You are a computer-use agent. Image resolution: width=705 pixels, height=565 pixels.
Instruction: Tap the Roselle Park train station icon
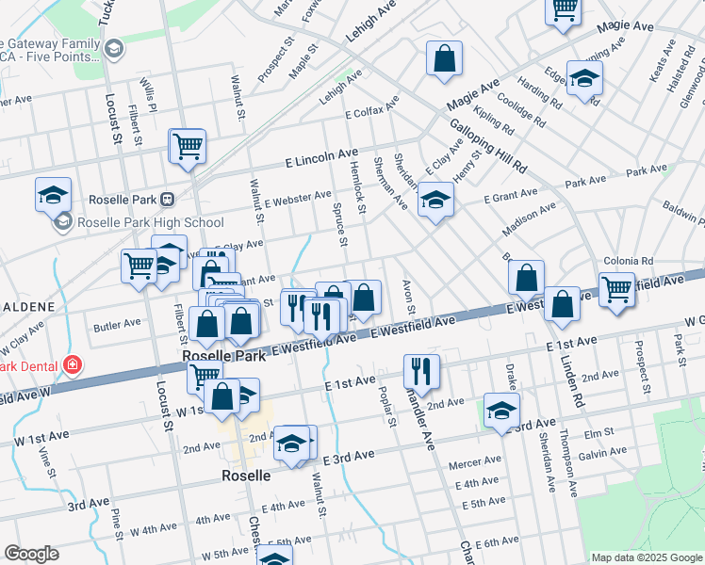[167, 200]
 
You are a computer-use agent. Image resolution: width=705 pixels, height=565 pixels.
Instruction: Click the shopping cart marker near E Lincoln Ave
[188, 147]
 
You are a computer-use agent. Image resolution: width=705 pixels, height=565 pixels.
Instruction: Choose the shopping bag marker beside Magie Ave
[444, 58]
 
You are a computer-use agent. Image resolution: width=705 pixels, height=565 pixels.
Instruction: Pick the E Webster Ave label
[298, 199]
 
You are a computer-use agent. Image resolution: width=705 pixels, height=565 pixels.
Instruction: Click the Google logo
[31, 554]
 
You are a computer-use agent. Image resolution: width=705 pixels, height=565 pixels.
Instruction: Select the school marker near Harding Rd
[584, 80]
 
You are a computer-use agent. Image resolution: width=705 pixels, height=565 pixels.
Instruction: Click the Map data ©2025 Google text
[647, 557]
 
